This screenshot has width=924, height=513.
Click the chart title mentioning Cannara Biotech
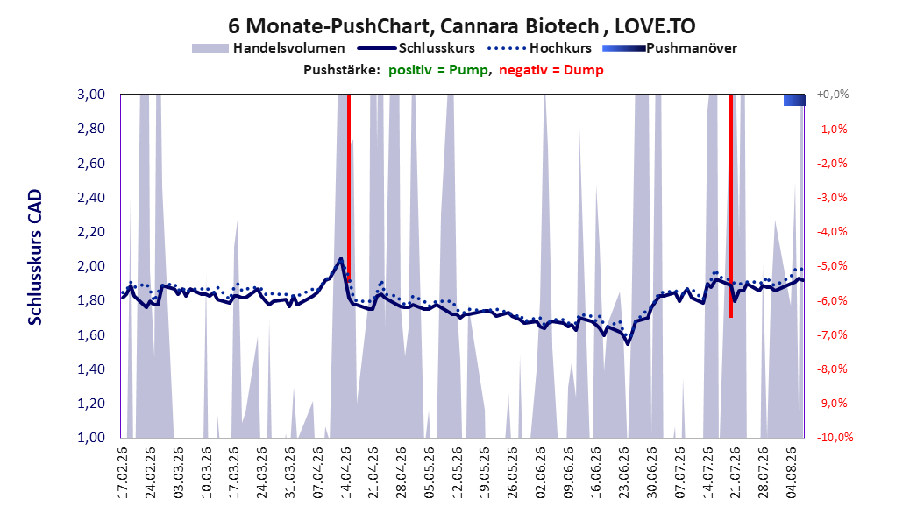(461, 26)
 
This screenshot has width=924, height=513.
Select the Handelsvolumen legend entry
(268, 48)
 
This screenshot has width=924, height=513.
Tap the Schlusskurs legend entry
(416, 48)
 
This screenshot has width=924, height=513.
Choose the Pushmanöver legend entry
(670, 48)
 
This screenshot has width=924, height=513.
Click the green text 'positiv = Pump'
(437, 70)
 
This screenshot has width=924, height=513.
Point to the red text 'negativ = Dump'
(551, 70)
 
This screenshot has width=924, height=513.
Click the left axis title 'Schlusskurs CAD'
(35, 257)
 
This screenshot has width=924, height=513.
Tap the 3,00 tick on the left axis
(91, 95)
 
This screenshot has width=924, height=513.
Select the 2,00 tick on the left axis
(91, 266)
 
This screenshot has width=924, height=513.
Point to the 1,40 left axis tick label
(91, 369)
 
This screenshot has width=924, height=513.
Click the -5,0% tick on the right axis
(832, 266)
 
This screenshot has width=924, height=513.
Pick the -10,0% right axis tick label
(835, 437)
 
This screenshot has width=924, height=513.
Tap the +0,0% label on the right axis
(833, 95)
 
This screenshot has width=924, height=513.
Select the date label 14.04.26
(346, 473)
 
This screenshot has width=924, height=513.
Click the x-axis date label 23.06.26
(625, 473)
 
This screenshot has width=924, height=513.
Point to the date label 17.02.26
(123, 473)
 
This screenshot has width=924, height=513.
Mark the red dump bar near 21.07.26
(731, 206)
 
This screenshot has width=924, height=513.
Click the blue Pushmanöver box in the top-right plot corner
(794, 100)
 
